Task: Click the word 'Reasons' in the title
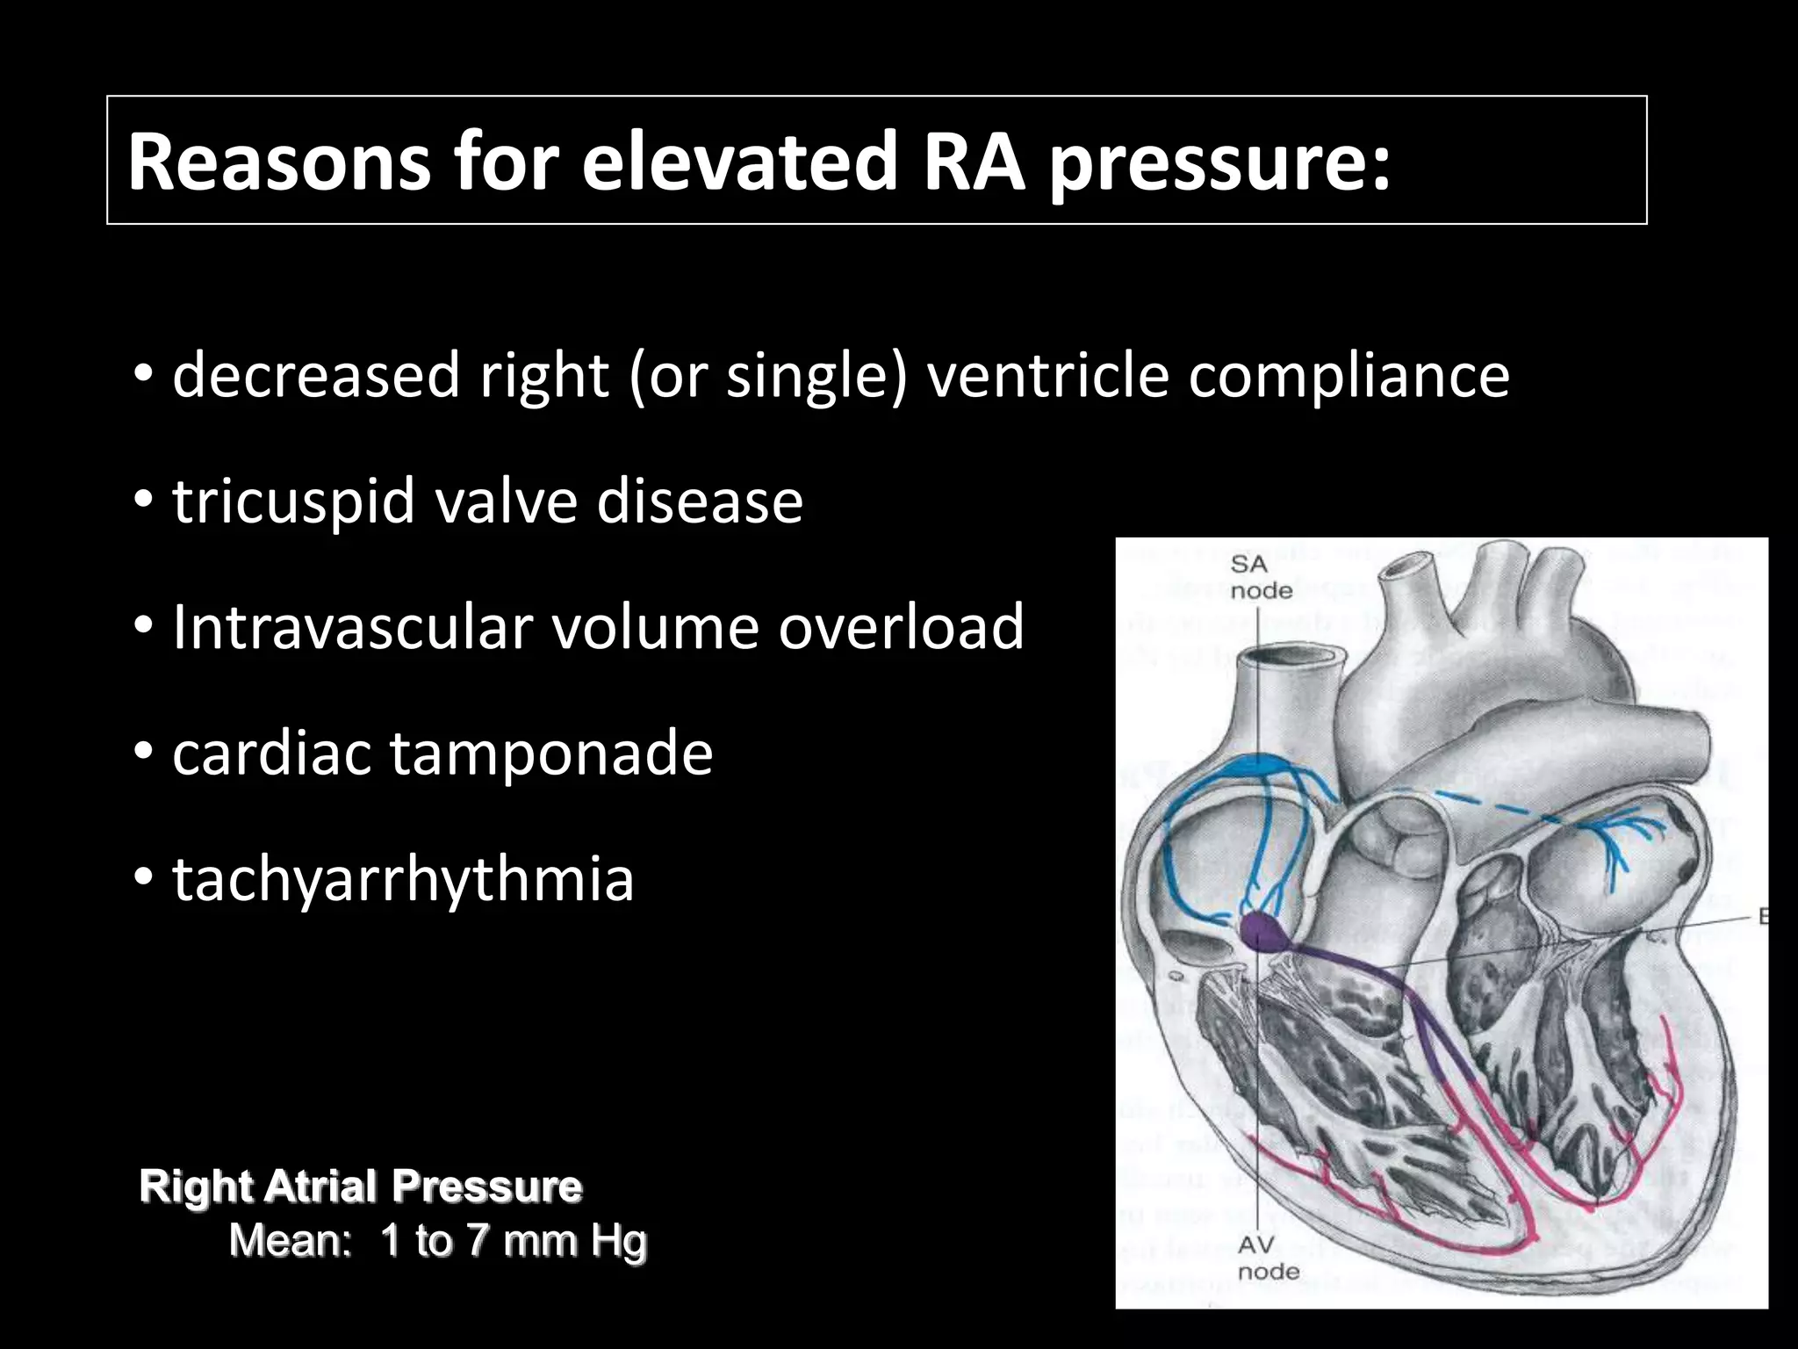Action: pyautogui.click(x=279, y=162)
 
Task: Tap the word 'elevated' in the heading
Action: pyautogui.click(x=740, y=162)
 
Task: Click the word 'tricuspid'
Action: pyautogui.click(x=293, y=502)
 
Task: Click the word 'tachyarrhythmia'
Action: pyautogui.click(x=403, y=879)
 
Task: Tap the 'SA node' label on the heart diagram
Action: pyautogui.click(x=1261, y=577)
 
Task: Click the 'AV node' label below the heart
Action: pyautogui.click(x=1268, y=1258)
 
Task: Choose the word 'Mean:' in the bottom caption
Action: pyautogui.click(x=290, y=1241)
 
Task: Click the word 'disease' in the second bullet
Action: pyautogui.click(x=700, y=502)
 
